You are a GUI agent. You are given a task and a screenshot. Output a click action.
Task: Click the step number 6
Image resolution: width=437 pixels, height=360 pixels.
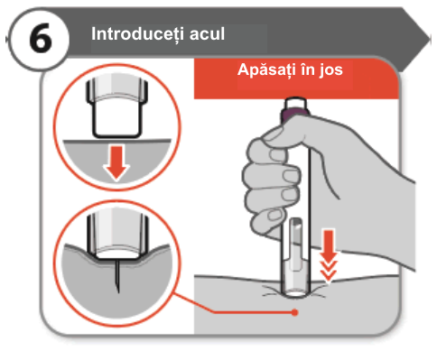(41, 39)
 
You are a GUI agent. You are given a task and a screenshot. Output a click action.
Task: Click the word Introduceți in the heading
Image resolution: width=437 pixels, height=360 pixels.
(137, 34)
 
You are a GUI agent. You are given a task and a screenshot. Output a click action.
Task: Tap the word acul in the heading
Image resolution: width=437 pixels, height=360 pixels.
(207, 33)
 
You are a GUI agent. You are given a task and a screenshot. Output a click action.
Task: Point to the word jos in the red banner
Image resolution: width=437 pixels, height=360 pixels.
(331, 70)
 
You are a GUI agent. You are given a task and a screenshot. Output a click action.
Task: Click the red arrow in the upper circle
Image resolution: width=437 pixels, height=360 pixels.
(116, 162)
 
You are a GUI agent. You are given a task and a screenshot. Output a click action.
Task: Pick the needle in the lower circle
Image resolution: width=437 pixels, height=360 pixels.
(117, 276)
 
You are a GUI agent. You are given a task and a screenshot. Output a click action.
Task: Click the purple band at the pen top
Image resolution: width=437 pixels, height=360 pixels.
(295, 115)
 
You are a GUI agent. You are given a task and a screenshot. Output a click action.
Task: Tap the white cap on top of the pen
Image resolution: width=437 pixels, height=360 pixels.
(296, 103)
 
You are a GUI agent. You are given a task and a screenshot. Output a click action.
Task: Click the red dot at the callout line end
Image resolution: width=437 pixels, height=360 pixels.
(295, 313)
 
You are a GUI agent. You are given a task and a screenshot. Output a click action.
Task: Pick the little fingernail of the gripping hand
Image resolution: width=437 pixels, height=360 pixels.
(274, 215)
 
